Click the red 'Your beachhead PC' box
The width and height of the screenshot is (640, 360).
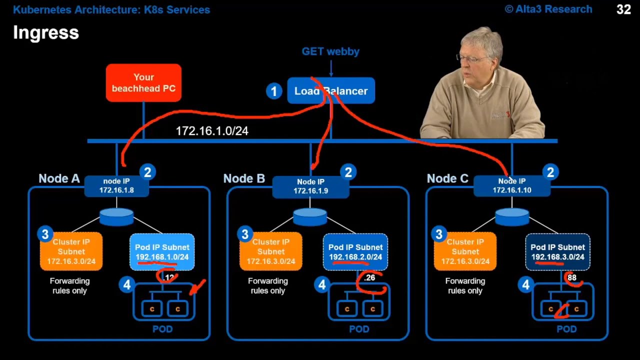[143, 83]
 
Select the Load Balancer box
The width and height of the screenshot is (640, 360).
[331, 91]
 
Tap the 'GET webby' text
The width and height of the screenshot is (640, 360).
[330, 51]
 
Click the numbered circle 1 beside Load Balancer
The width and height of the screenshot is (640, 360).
[273, 91]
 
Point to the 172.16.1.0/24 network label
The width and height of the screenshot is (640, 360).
[212, 131]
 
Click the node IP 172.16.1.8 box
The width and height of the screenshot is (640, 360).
[116, 185]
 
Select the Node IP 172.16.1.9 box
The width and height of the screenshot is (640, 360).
[310, 186]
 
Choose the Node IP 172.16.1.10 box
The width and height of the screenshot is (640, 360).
[511, 185]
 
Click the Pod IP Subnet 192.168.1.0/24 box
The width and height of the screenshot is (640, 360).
[162, 252]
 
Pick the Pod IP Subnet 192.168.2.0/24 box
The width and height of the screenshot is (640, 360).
[355, 252]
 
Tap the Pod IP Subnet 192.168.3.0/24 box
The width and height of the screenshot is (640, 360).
[557, 252]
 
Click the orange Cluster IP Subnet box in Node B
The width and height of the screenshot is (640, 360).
[270, 251]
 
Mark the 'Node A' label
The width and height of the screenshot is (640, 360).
[59, 179]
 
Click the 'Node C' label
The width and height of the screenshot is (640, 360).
[447, 179]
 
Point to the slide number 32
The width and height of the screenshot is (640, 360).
[623, 9]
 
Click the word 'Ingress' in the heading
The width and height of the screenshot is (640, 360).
[46, 33]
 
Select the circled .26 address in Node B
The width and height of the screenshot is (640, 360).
[369, 278]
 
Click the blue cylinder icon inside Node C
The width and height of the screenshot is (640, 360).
[512, 216]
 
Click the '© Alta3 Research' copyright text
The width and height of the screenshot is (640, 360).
[548, 9]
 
